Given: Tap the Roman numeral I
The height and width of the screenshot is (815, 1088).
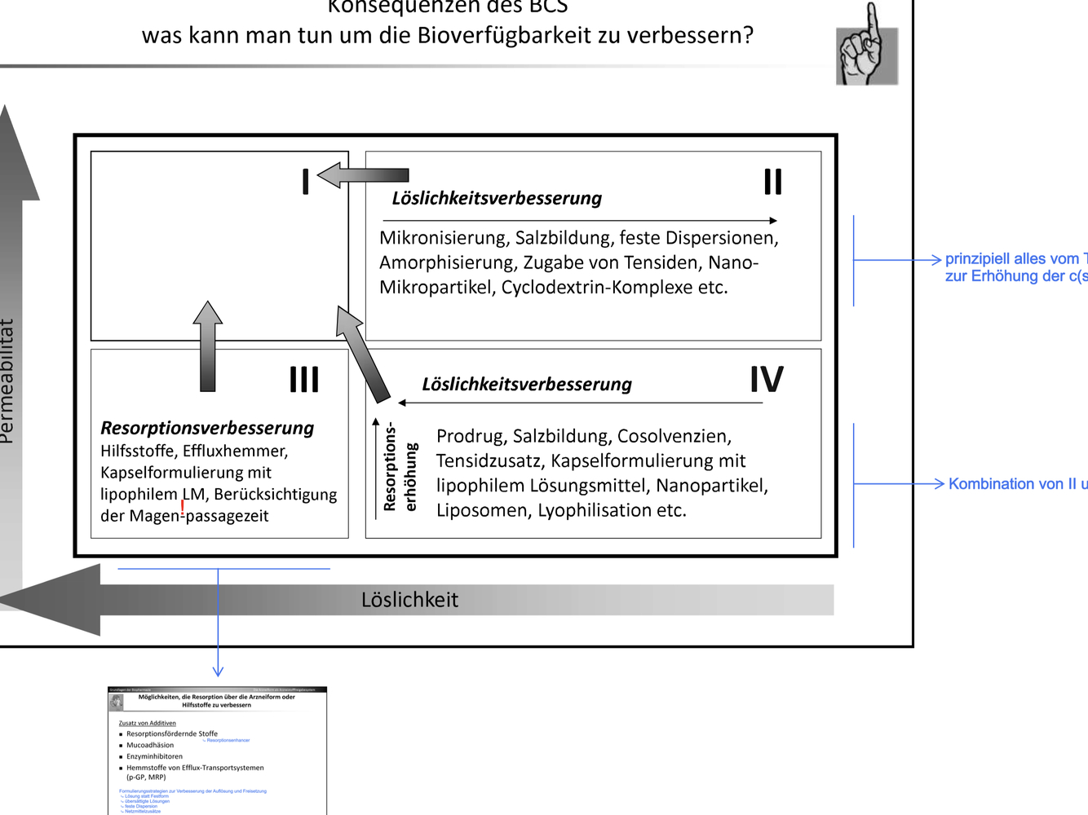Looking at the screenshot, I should coord(305,181).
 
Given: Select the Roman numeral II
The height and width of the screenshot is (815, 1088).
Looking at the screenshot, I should coord(772,181).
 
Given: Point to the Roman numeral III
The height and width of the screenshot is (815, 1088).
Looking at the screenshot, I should coord(304,380).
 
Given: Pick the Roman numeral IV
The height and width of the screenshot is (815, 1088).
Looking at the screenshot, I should coord(767,380).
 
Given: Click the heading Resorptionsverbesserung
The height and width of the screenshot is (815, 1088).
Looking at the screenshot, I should coord(207,428).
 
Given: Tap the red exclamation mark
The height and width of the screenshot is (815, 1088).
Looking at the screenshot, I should coord(183,508).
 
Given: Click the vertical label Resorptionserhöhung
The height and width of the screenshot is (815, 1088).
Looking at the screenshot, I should coord(400,466).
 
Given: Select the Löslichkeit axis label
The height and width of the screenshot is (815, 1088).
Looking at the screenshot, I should coord(409,600).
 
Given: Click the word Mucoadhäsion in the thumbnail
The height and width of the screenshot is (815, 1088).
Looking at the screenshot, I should coord(150,745).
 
